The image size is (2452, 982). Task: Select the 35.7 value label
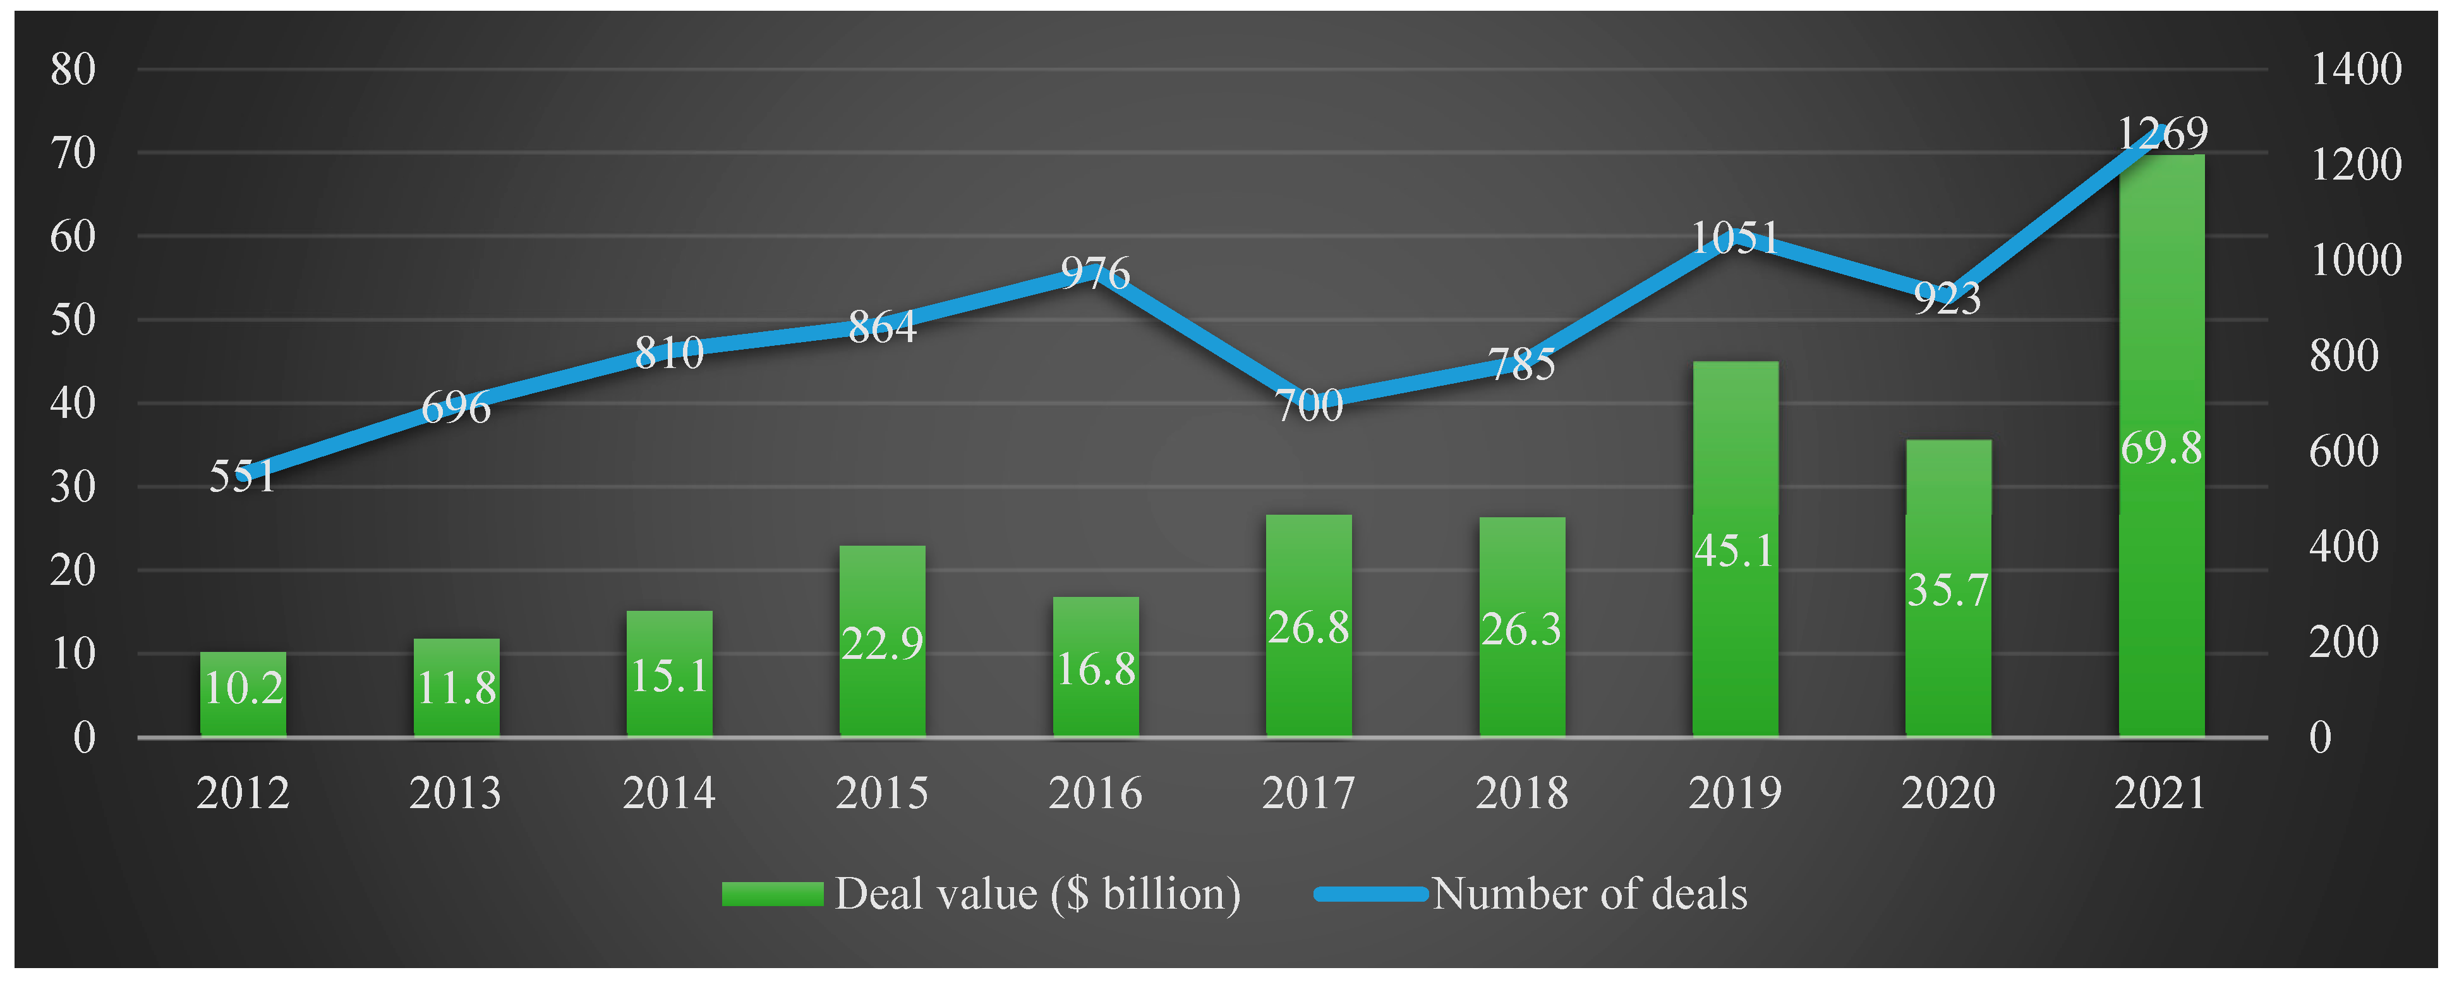(x=1948, y=589)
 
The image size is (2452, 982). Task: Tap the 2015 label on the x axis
(x=881, y=792)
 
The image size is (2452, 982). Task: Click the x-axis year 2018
(x=1521, y=792)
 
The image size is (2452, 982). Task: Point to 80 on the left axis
(x=73, y=70)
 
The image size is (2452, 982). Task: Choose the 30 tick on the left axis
(x=73, y=487)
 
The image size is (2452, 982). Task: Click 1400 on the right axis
(x=2356, y=70)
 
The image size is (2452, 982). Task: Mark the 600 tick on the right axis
(x=2343, y=450)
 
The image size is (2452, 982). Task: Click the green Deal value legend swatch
(x=772, y=893)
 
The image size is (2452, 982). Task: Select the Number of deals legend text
(x=1590, y=893)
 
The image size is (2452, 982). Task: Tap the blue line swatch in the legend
(x=1371, y=893)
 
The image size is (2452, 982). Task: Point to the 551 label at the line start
(x=242, y=476)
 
